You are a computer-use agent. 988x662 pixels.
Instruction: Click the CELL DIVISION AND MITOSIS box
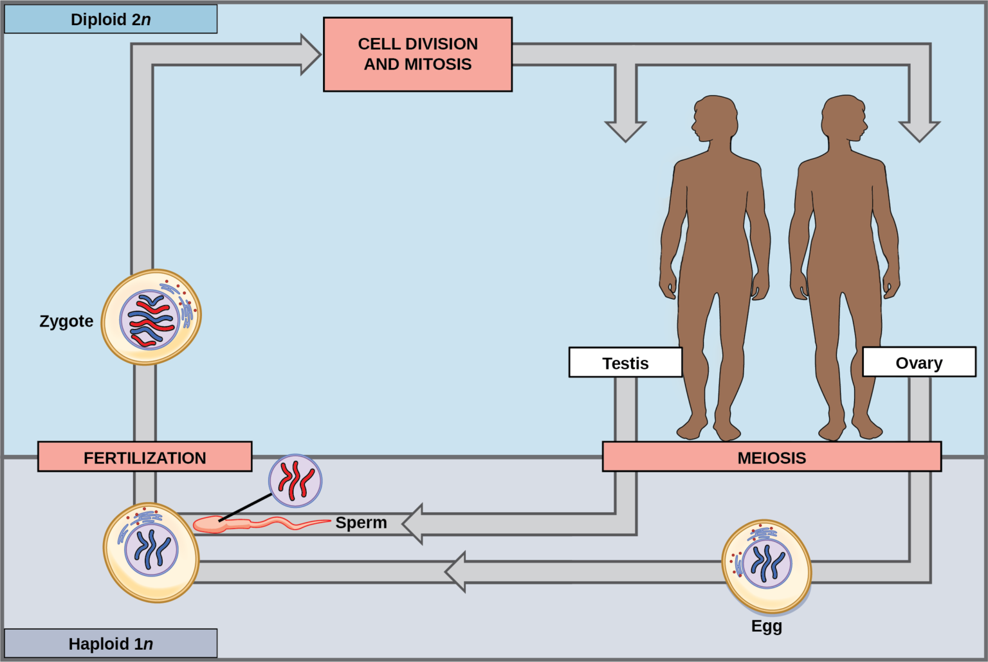click(417, 55)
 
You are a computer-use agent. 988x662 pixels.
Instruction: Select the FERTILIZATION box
click(145, 457)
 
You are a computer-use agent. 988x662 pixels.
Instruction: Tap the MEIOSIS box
click(771, 457)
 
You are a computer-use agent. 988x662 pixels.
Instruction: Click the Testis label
click(625, 362)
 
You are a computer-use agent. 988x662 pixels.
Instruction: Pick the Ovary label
click(919, 362)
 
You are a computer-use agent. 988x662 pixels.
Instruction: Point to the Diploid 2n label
click(111, 19)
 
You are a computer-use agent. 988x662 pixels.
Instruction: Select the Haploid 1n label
click(111, 643)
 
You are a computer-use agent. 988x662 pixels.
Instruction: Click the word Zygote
click(66, 321)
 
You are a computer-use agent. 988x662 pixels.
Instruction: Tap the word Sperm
click(361, 523)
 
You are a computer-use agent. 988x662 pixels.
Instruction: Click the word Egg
click(766, 625)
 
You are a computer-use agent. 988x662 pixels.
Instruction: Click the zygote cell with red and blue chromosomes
click(151, 318)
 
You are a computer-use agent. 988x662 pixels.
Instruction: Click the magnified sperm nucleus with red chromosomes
click(295, 481)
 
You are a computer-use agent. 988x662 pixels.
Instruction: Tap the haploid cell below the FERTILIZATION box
click(151, 552)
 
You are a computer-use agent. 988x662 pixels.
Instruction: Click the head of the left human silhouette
click(714, 118)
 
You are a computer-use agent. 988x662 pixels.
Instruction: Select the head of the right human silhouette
click(843, 118)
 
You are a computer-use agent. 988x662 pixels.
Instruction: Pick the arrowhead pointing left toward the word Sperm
click(414, 524)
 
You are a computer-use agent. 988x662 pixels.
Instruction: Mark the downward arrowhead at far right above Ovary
click(919, 130)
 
